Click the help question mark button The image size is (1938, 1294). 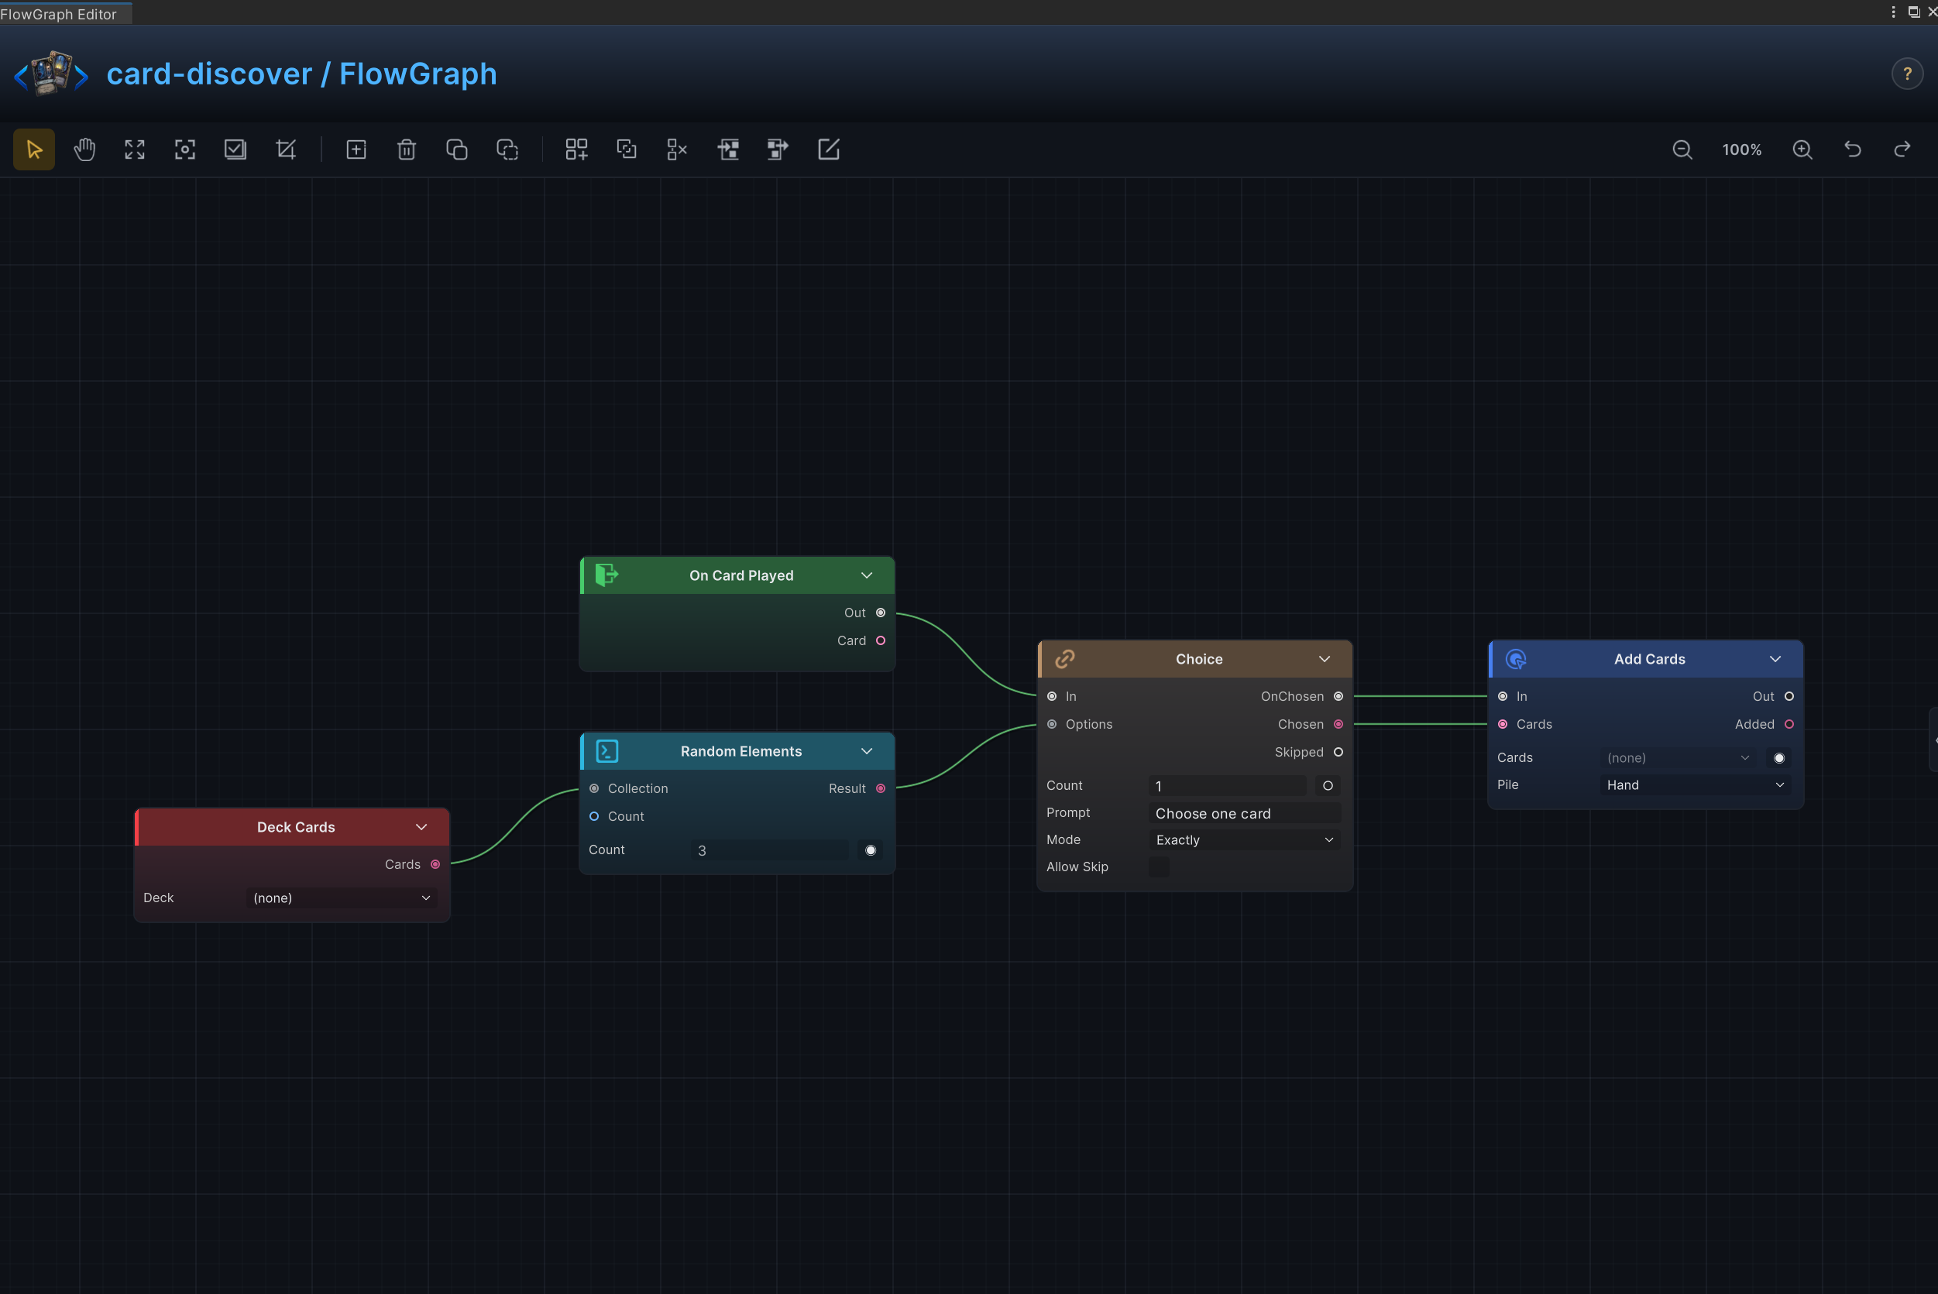(1907, 74)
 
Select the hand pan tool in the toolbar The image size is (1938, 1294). (84, 149)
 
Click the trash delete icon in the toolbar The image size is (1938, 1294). (406, 149)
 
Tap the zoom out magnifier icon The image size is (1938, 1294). (1682, 149)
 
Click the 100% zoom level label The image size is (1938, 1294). (1741, 149)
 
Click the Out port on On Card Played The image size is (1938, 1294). (881, 613)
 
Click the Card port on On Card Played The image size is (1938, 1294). (881, 640)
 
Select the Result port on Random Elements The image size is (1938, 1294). (881, 788)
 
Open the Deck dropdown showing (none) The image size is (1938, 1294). (342, 898)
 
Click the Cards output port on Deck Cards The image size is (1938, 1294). (435, 864)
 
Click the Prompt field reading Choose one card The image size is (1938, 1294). (1245, 813)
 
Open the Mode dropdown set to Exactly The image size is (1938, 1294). (1245, 839)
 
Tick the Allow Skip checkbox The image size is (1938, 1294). (1159, 867)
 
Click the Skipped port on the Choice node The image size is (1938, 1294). (1338, 752)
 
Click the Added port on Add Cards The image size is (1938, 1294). (1789, 724)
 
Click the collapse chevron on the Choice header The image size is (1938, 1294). (1324, 658)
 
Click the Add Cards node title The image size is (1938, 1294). (1649, 658)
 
